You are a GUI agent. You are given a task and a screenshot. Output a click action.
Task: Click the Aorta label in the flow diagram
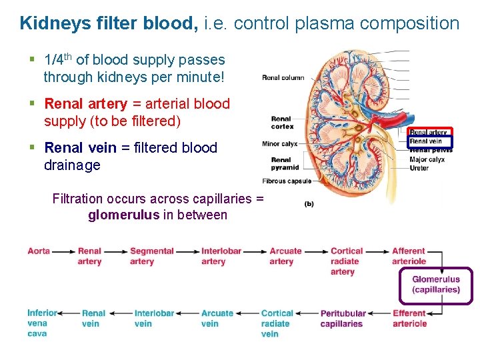[39, 251]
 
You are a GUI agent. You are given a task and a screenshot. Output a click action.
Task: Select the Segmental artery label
[151, 257]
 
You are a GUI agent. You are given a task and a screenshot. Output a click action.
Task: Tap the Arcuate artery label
[285, 257]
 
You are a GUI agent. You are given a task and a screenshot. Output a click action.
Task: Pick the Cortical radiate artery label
[346, 261]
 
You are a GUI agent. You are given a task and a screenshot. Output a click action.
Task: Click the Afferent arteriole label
[409, 256]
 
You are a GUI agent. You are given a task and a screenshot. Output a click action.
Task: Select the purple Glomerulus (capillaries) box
[436, 285]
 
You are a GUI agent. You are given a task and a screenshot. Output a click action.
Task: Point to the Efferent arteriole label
[409, 318]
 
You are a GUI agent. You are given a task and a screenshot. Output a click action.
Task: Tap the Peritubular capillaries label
[343, 318]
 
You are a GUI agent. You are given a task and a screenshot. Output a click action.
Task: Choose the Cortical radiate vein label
[277, 323]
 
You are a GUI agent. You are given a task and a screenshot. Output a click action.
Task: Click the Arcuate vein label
[217, 318]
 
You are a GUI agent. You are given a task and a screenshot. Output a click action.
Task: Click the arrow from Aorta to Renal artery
[63, 252]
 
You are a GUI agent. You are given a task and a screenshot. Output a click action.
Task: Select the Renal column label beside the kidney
[283, 78]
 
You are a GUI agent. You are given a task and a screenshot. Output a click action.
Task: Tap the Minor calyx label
[280, 143]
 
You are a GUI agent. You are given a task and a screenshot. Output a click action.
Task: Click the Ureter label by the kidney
[419, 168]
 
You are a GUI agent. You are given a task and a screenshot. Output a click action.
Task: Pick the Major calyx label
[427, 159]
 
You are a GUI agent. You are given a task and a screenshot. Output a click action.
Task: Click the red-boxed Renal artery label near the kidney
[429, 132]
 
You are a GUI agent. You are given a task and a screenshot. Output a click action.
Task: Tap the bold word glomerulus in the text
[124, 215]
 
